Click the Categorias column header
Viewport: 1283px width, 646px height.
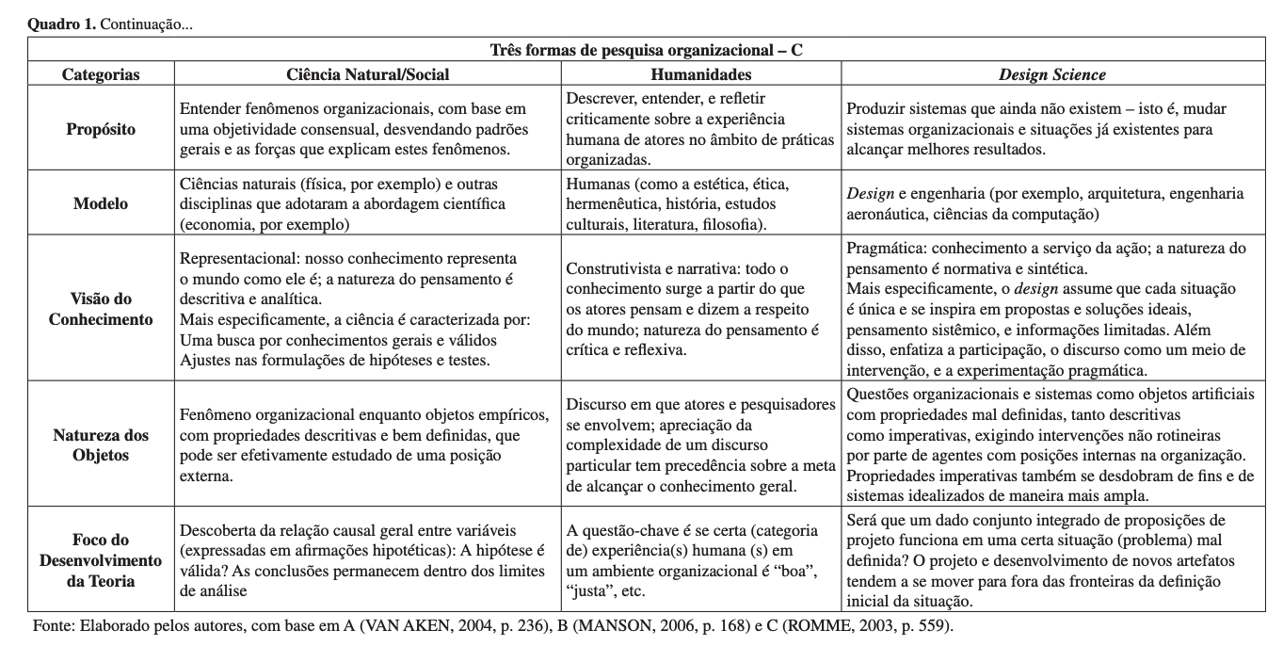101,74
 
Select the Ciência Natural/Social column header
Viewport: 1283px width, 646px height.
367,74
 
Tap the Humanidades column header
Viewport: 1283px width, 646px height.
701,74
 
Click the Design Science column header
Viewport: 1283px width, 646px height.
1051,74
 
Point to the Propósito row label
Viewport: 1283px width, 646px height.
101,129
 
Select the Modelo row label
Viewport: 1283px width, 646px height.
101,202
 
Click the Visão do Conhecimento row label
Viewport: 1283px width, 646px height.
101,308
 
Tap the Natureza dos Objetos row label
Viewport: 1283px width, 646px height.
101,444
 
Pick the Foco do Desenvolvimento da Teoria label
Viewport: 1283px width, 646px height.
101,560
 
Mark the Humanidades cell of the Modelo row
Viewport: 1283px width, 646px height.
701,202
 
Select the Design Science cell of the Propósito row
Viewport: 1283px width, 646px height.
1051,129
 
